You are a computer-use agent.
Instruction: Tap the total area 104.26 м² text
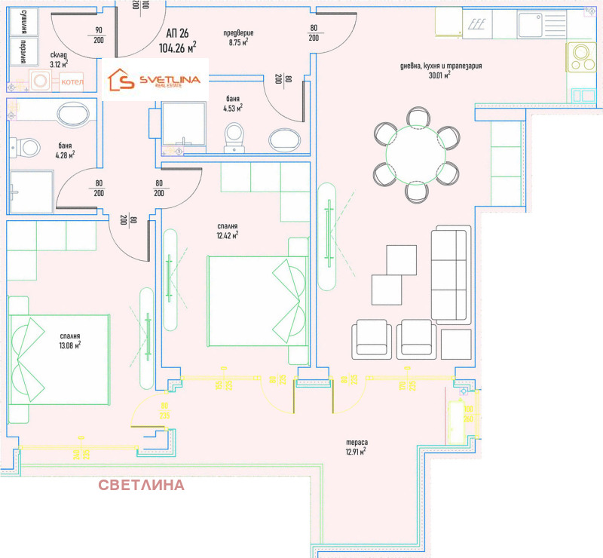[178, 48]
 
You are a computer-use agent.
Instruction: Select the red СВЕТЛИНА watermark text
[141, 485]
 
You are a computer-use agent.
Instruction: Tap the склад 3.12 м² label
[60, 60]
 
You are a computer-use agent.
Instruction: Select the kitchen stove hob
[581, 55]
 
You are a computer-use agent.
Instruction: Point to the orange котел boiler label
[72, 81]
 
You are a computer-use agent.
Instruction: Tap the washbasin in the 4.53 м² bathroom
[284, 139]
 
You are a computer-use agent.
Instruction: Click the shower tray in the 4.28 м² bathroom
[32, 193]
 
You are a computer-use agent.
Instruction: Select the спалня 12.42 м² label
[226, 231]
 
